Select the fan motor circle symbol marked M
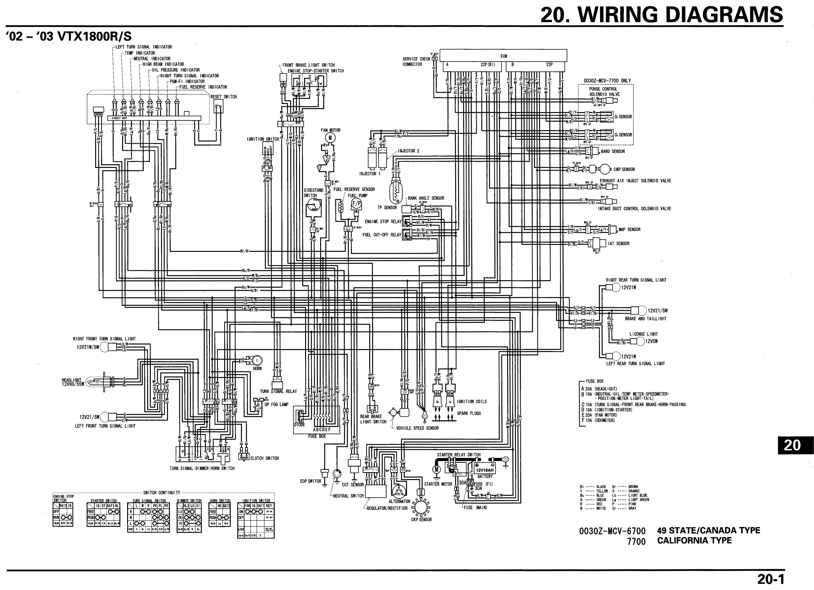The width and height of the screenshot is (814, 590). click(x=330, y=137)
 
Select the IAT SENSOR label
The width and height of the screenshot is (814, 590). click(x=618, y=243)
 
